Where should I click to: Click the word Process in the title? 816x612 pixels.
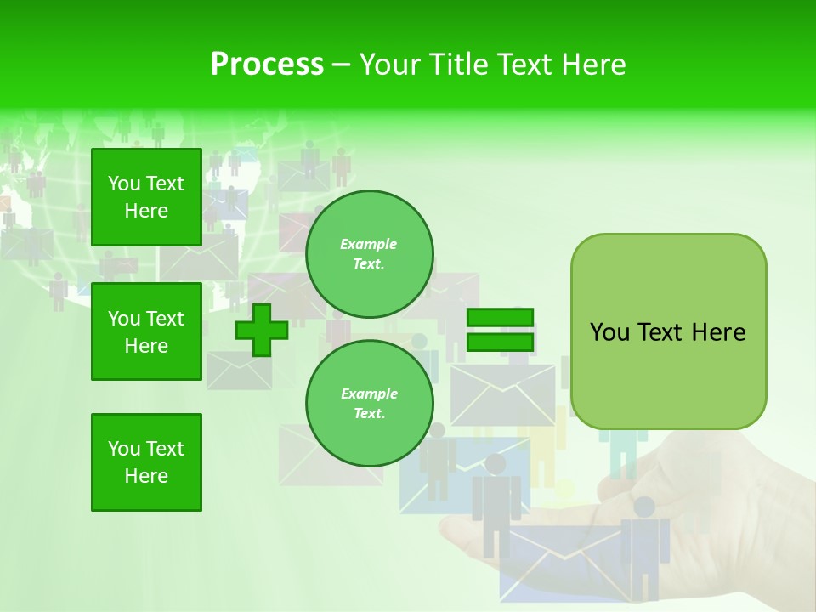pyautogui.click(x=267, y=65)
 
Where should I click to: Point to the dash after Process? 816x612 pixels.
pyautogui.click(x=341, y=65)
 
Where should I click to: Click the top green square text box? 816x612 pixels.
pyautogui.click(x=146, y=197)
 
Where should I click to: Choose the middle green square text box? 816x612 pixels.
pyautogui.click(x=146, y=331)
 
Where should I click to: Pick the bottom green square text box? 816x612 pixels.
pyautogui.click(x=146, y=462)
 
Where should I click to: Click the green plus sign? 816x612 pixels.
pyautogui.click(x=261, y=330)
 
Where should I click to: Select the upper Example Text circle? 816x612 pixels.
pyautogui.click(x=369, y=253)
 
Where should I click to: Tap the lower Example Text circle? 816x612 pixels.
pyautogui.click(x=369, y=403)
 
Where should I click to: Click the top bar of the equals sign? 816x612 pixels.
pyautogui.click(x=501, y=317)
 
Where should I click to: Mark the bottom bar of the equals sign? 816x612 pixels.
pyautogui.click(x=501, y=342)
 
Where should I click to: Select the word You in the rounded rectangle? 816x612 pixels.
pyautogui.click(x=609, y=332)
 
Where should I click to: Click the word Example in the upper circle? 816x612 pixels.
pyautogui.click(x=369, y=244)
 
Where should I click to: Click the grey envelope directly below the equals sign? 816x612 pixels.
pyautogui.click(x=502, y=394)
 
